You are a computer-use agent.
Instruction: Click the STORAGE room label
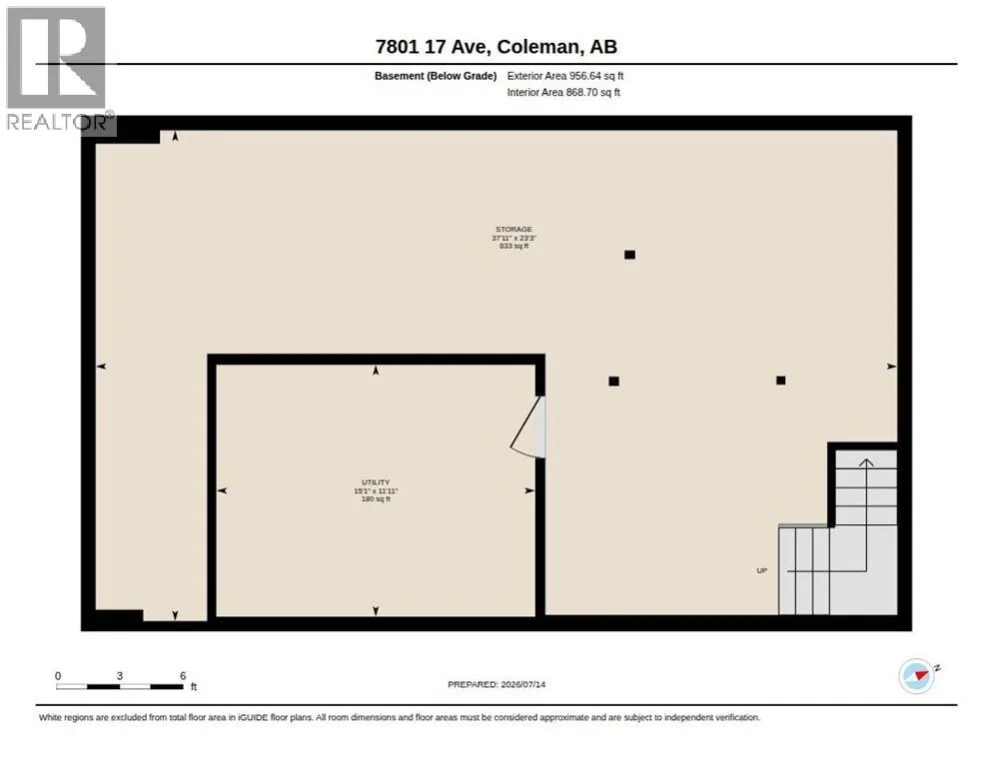513,230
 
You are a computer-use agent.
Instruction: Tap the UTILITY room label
376,482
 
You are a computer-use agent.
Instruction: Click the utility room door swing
526,427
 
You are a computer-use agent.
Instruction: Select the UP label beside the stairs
762,570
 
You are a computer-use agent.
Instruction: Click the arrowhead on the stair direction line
866,463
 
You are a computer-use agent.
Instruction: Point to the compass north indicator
917,676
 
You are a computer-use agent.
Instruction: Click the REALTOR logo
58,70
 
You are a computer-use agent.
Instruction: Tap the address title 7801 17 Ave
431,47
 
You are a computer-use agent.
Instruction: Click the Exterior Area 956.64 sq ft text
564,76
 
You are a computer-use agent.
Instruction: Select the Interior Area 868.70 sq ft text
563,93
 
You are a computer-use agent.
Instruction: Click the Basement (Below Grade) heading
436,76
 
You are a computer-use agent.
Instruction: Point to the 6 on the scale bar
183,676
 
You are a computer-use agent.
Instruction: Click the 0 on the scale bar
58,676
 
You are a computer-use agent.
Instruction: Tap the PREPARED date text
496,685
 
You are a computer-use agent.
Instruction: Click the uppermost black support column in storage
629,255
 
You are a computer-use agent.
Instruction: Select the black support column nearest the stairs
781,381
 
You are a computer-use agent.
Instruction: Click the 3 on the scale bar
120,676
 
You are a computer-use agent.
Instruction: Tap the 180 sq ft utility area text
376,499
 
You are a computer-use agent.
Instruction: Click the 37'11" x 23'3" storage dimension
513,238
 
